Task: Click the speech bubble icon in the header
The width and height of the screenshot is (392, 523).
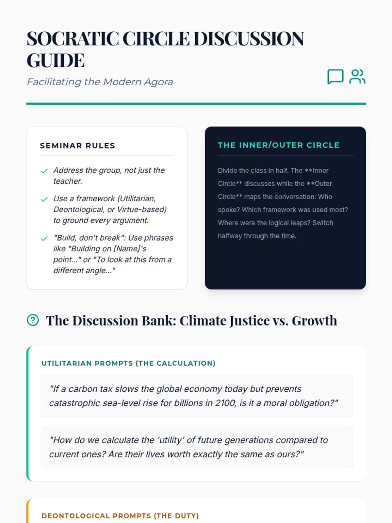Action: [335, 77]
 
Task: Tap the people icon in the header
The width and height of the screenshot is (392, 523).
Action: [357, 77]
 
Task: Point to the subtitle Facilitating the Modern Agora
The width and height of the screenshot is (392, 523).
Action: [100, 82]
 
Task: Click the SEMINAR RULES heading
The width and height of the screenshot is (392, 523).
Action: [77, 146]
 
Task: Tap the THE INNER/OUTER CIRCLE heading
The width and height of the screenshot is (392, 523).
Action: [279, 145]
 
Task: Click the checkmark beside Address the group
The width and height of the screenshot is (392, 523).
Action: [44, 171]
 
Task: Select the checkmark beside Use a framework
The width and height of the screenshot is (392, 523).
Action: [44, 199]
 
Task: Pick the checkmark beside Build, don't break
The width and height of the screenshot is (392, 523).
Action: [44, 239]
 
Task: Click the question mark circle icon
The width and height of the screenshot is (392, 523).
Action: [33, 320]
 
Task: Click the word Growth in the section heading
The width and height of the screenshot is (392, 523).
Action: [314, 321]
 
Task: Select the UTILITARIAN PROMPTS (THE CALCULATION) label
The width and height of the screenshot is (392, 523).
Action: [128, 363]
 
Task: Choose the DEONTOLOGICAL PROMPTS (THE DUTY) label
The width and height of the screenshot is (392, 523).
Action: [120, 516]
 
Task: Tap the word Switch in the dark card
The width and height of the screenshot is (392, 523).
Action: [323, 223]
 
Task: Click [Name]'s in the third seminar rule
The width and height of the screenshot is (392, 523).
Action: [130, 249]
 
